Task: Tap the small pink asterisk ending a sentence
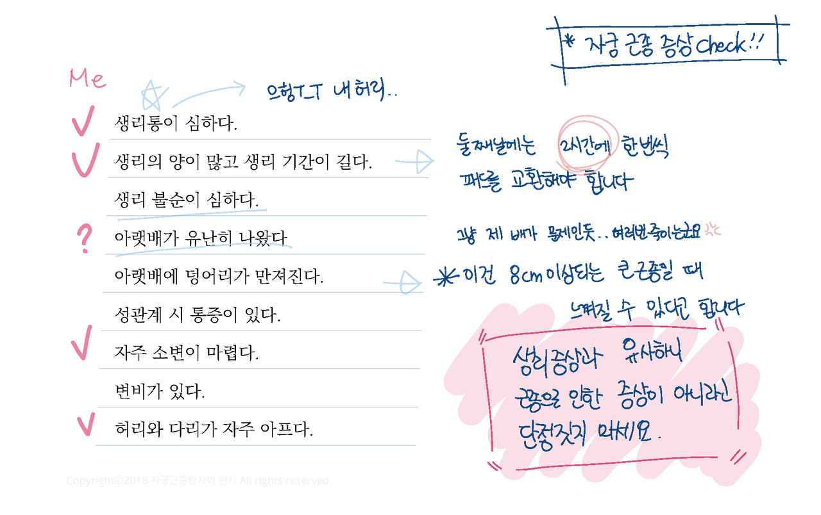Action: (711, 229)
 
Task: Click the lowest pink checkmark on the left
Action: (85, 424)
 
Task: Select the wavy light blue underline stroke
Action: (204, 249)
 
